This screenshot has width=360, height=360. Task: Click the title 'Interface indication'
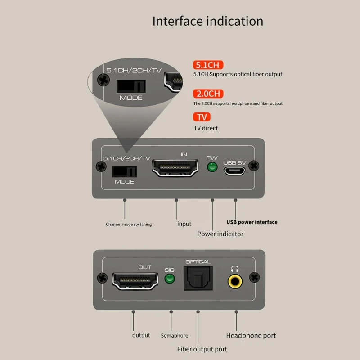pyautogui.click(x=207, y=21)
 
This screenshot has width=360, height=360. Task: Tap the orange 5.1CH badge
pyautogui.click(x=208, y=65)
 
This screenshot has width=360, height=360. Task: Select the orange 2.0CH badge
pyautogui.click(x=208, y=94)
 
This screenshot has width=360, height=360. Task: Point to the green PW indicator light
pyautogui.click(x=211, y=168)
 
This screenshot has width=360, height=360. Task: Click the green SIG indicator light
pyautogui.click(x=170, y=279)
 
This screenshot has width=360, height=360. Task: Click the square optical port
pyautogui.click(x=198, y=279)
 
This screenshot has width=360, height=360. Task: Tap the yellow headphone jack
pyautogui.click(x=234, y=281)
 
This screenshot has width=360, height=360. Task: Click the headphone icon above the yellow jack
pyautogui.click(x=234, y=269)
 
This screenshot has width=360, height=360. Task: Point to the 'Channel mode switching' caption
pyautogui.click(x=129, y=224)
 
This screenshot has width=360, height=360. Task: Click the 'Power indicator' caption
pyautogui.click(x=220, y=234)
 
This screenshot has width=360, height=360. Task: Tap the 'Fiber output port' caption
pyautogui.click(x=202, y=349)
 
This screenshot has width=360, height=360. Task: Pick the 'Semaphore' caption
pyautogui.click(x=174, y=336)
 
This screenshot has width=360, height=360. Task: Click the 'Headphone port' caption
pyautogui.click(x=251, y=335)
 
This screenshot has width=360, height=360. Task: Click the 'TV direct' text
pyautogui.click(x=206, y=128)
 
